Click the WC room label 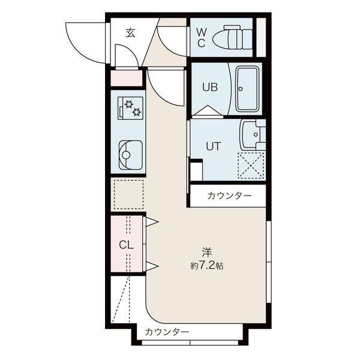202,38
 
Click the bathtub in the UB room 247,89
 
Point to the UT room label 212,146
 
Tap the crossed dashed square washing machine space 251,165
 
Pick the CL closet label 125,245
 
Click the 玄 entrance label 130,33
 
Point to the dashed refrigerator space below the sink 128,194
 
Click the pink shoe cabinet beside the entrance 127,78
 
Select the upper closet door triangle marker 152,223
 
